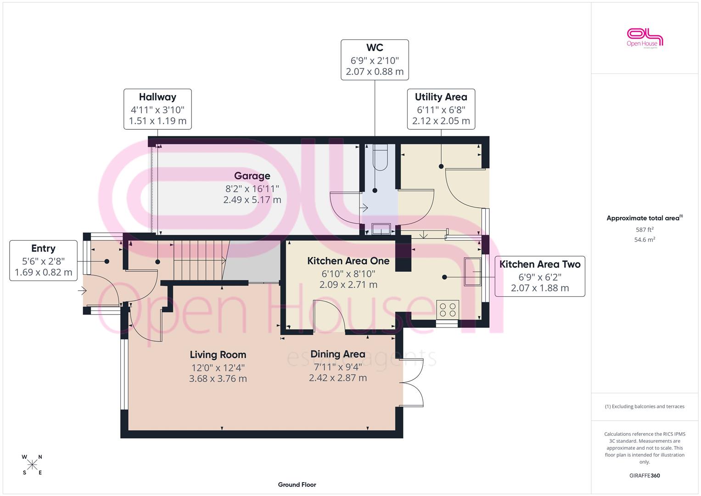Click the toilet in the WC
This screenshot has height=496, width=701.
[380, 157]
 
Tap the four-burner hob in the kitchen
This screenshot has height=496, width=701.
[448, 310]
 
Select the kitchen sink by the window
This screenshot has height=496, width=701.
[472, 271]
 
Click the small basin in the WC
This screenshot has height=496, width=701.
[381, 229]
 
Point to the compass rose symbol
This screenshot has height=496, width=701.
[32, 465]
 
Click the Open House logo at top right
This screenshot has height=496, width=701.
[645, 38]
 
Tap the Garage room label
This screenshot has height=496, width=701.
[252, 176]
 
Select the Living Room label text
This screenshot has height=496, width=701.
[218, 355]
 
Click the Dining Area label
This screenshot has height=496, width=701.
[338, 354]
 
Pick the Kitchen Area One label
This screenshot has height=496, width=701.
[348, 261]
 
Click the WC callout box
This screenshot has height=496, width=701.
[375, 60]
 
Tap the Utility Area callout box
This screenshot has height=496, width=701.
[441, 109]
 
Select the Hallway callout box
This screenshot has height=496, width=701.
[157, 109]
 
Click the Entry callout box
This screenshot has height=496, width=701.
[44, 260]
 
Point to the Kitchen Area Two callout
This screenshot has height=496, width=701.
[540, 276]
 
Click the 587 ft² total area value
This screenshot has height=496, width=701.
[645, 230]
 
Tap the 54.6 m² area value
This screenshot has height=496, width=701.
[645, 240]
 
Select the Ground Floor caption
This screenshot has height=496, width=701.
[297, 485]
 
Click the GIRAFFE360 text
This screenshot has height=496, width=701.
[645, 476]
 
